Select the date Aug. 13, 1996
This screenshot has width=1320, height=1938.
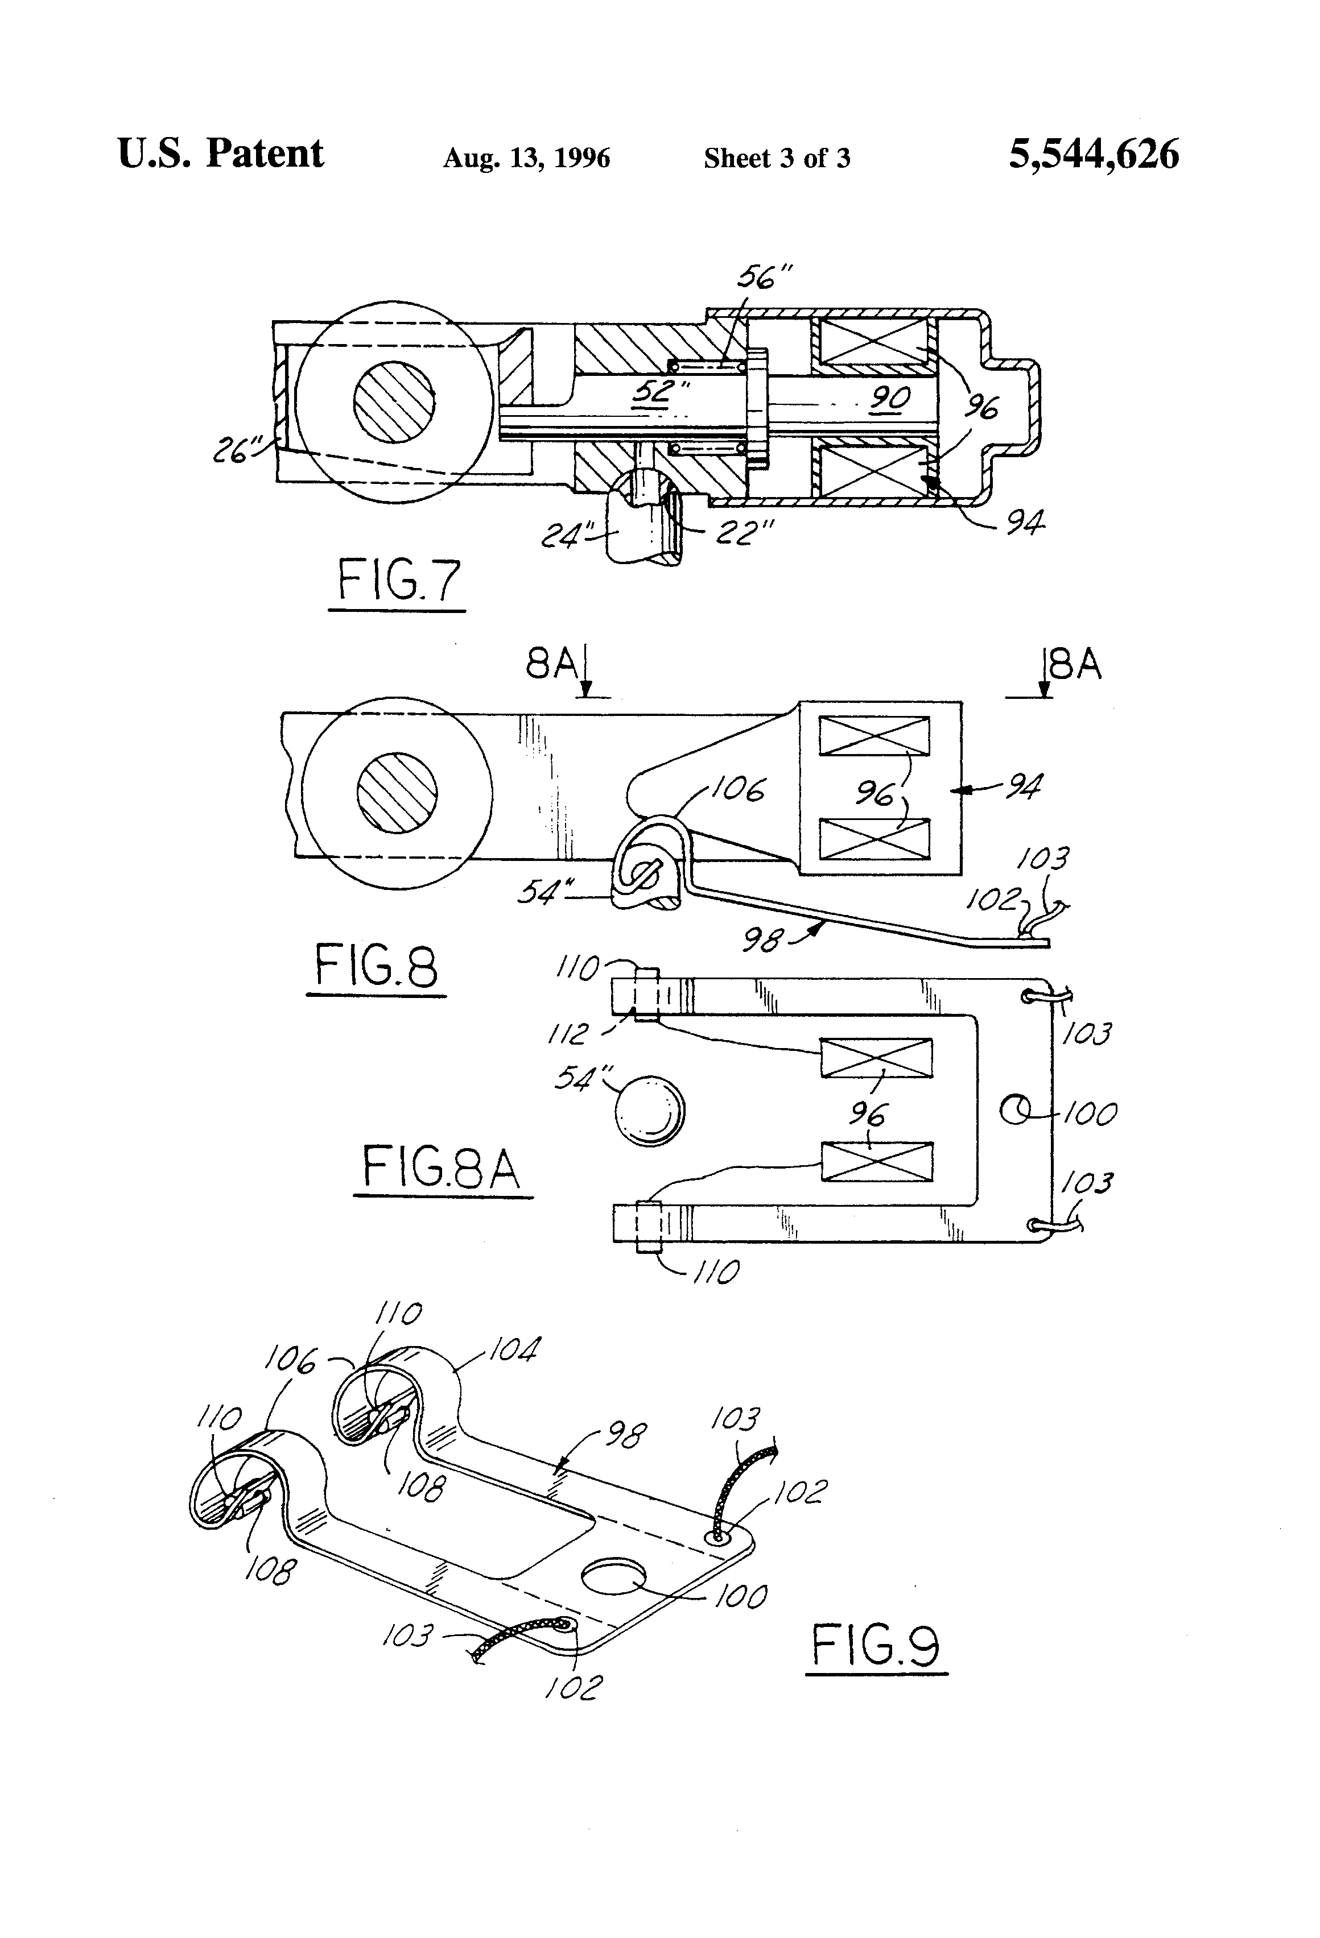[526, 158]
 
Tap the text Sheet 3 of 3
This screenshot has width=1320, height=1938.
[776, 158]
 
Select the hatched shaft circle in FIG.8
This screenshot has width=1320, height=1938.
[397, 792]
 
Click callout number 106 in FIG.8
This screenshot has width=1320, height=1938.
[737, 789]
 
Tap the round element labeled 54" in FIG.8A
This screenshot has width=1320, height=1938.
[650, 1112]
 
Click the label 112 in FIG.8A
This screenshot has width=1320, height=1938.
[569, 1034]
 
